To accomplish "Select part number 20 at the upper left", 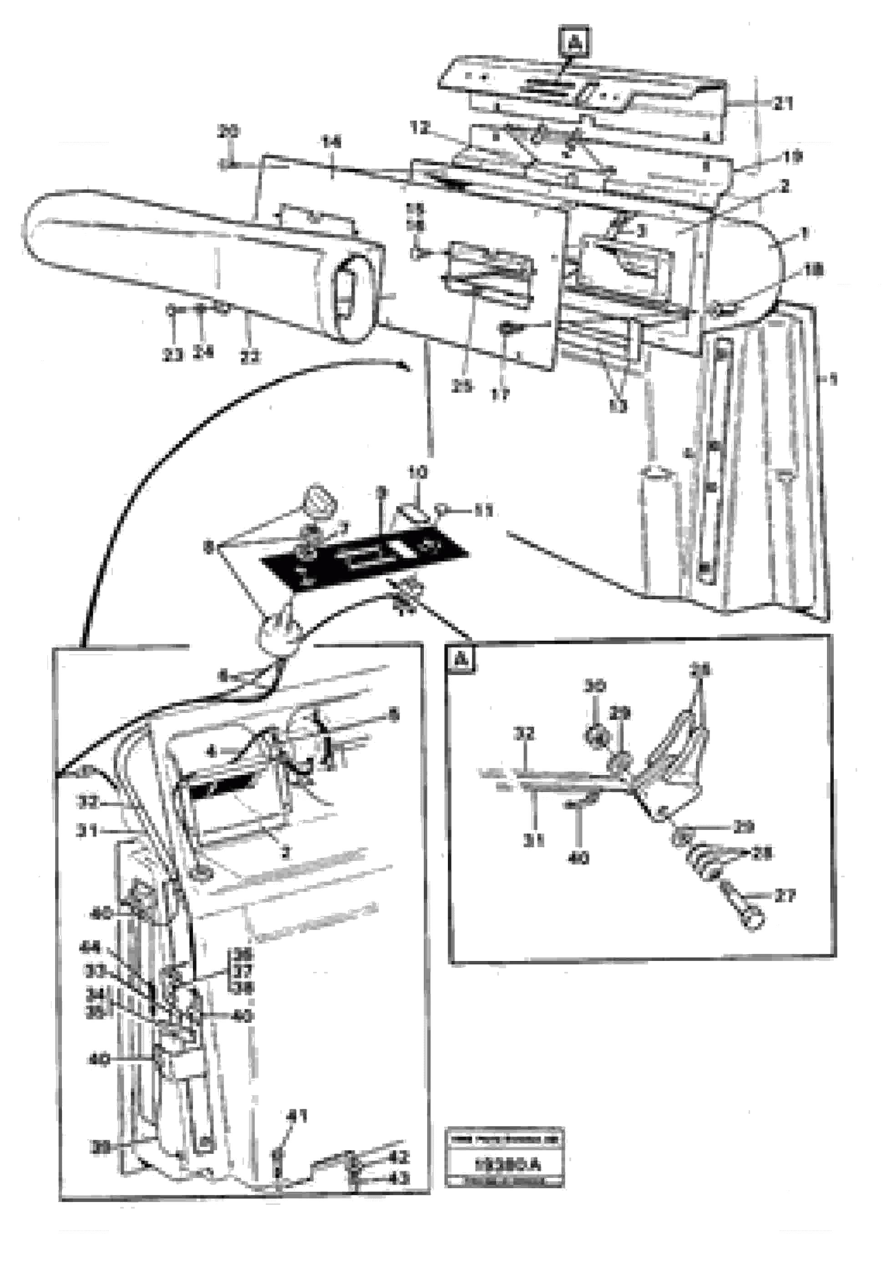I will pyautogui.click(x=228, y=131).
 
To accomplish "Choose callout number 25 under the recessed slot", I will pyautogui.click(x=462, y=387).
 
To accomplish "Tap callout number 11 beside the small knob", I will pyautogui.click(x=483, y=512).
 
